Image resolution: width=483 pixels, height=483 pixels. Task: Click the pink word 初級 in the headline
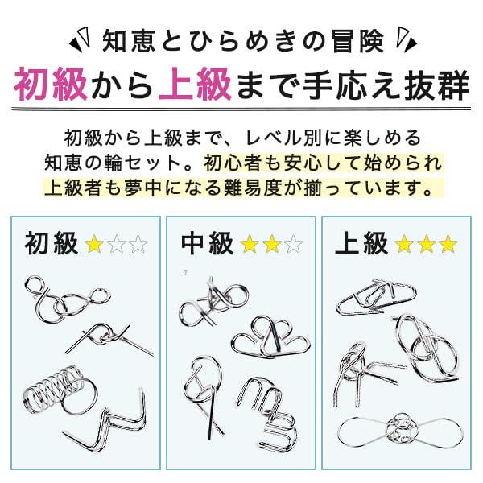click(x=51, y=85)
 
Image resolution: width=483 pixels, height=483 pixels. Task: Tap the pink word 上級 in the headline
click(x=195, y=85)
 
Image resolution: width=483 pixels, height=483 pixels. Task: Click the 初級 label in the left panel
click(x=52, y=243)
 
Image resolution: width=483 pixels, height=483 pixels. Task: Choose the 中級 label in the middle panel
click(x=208, y=243)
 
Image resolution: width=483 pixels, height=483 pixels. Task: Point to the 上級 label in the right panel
click(x=361, y=243)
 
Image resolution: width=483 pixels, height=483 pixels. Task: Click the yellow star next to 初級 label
click(x=94, y=244)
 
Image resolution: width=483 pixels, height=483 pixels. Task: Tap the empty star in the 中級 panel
click(x=293, y=244)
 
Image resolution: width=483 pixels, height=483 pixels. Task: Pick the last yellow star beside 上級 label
click(x=448, y=244)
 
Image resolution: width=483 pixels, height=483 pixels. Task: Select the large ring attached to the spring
click(x=80, y=396)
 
